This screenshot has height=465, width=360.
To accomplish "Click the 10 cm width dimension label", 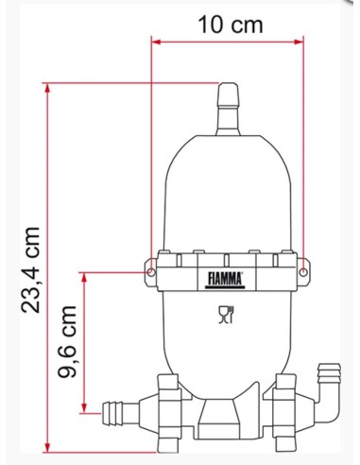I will tap(231, 26).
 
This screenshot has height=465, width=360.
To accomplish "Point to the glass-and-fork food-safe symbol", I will tap(227, 315).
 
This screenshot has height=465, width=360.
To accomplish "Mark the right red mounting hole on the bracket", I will tap(304, 270).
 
